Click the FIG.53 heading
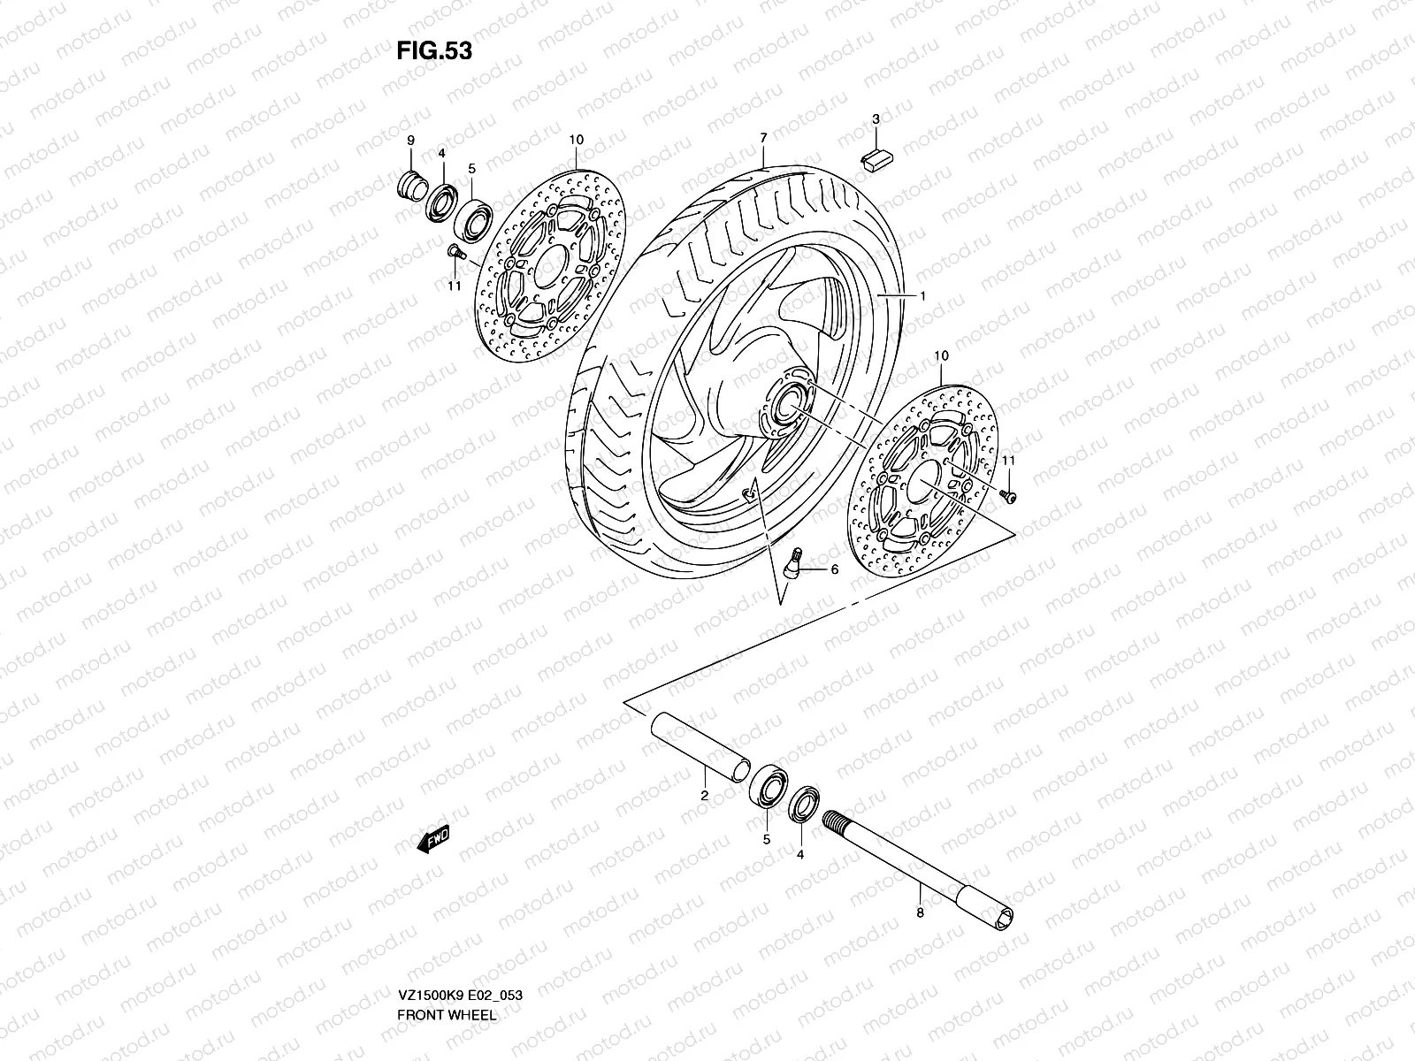(433, 51)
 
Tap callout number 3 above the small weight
(876, 118)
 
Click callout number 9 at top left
(410, 141)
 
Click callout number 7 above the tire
(762, 138)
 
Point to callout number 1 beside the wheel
(922, 297)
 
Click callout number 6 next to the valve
(833, 570)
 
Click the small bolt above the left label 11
(455, 253)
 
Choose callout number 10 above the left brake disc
(577, 141)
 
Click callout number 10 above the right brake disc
(941, 355)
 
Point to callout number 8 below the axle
(920, 913)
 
